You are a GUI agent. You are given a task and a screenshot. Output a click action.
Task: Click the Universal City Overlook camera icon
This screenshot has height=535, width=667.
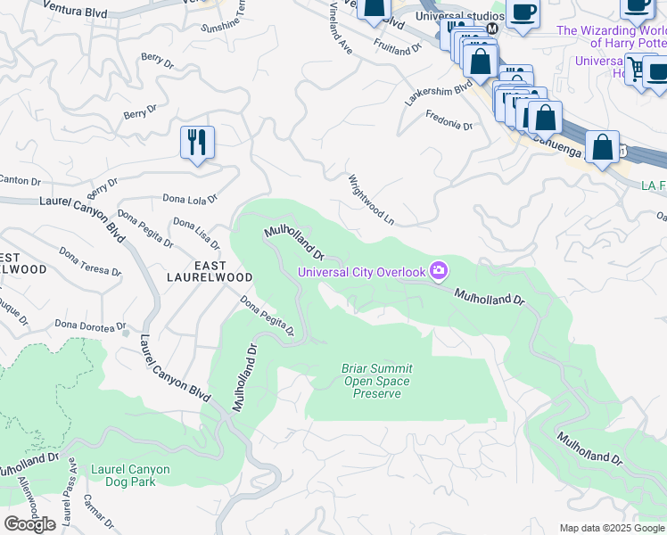438,270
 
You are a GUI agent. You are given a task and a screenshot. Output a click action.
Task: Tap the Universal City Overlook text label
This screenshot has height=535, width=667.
361,272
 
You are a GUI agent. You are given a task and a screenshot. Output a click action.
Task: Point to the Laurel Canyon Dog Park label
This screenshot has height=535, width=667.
130,475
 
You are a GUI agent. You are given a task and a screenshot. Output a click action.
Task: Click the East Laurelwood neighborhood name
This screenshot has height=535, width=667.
210,271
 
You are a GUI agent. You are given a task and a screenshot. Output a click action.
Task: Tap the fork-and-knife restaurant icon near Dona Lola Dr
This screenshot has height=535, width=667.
198,143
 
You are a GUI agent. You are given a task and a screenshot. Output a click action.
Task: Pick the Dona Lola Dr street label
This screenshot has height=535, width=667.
190,199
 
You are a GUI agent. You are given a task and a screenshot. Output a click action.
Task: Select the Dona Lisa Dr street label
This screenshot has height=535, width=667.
196,234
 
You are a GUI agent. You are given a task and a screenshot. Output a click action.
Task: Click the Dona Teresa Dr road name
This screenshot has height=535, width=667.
90,262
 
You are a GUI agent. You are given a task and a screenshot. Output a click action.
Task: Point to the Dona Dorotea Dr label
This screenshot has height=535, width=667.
86,325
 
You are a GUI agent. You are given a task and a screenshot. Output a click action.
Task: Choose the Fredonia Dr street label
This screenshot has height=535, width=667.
449,120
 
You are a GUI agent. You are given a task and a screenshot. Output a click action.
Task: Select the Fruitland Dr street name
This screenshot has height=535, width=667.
398,46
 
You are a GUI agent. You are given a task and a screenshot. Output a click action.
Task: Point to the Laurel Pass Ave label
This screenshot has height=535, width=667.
66,506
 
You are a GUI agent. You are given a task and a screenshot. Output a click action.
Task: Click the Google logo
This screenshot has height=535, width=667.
29,524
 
